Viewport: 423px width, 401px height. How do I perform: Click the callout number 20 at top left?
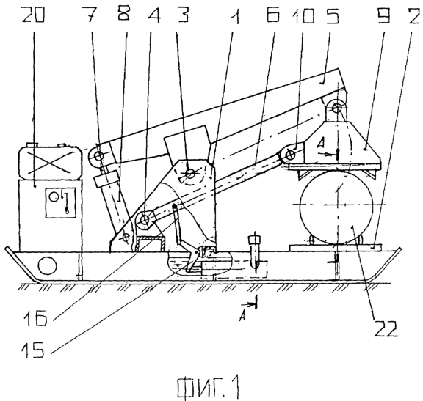click(33, 14)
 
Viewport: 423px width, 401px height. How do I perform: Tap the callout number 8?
click(124, 13)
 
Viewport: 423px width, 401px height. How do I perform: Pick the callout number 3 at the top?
click(182, 14)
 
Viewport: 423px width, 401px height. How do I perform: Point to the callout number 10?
click(304, 15)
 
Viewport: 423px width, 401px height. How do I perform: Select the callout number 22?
click(386, 328)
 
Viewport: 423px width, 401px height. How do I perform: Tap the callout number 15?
click(32, 349)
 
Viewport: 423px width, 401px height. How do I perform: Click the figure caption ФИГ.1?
click(209, 388)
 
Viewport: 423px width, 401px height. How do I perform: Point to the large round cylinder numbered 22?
click(336, 205)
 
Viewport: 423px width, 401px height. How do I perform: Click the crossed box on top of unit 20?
click(50, 161)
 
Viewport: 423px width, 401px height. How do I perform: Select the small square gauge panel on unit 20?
click(60, 202)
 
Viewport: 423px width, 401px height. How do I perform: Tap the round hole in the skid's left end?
click(48, 265)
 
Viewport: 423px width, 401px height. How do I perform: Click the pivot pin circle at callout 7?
click(99, 155)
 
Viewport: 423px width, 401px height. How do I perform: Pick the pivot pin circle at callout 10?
click(291, 155)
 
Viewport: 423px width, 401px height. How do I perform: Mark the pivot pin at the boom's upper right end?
click(336, 108)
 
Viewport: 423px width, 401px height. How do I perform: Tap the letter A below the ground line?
click(242, 317)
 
